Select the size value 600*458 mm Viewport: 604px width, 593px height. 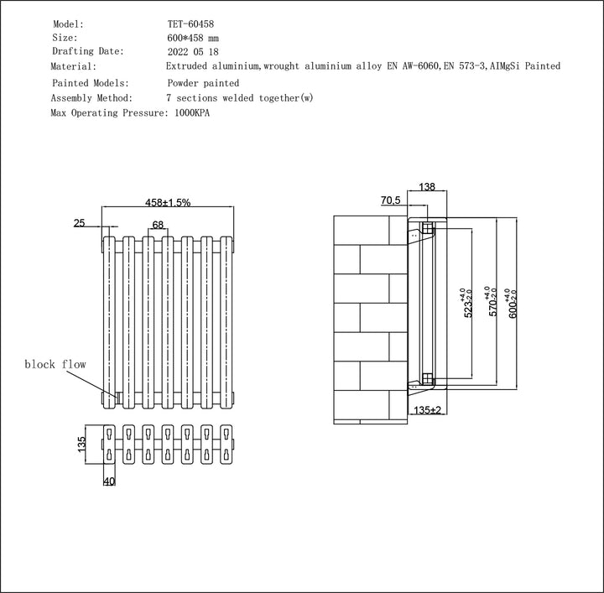point(194,38)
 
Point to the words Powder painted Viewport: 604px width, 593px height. point(203,83)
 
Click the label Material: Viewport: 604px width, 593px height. point(74,66)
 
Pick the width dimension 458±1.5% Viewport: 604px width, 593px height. point(168,202)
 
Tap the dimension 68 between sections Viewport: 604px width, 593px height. point(158,224)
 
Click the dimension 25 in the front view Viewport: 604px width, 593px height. point(80,223)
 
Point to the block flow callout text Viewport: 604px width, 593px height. point(55,364)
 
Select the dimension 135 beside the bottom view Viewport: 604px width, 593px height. point(81,444)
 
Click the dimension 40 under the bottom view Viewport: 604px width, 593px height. point(109,481)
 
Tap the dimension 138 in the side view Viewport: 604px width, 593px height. point(427,187)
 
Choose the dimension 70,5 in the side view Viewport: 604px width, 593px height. point(390,201)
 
